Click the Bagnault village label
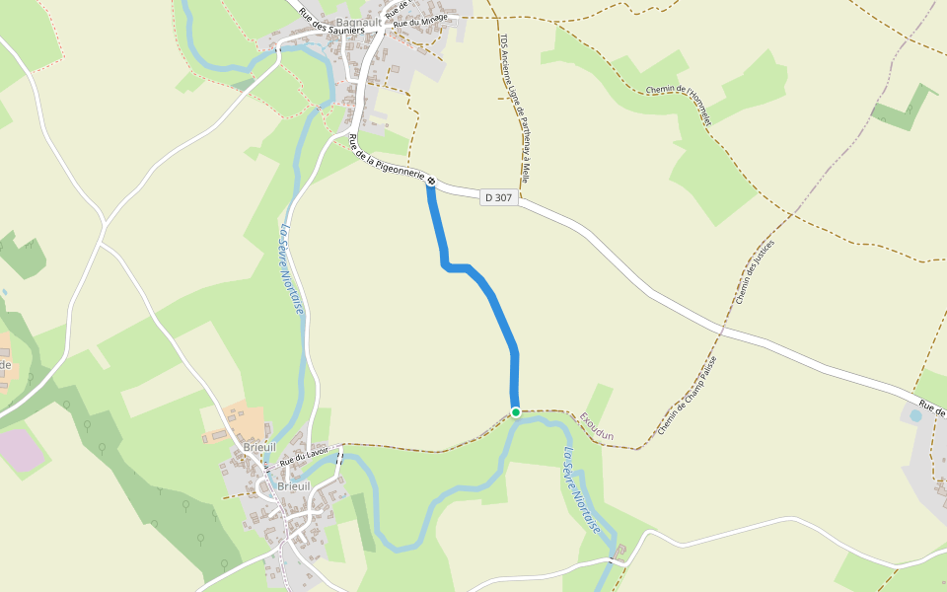pos(358,21)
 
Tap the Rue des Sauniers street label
pos(330,22)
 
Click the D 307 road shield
pos(499,197)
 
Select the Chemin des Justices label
pos(755,271)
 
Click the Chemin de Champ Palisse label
pos(689,395)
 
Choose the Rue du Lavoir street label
pos(303,458)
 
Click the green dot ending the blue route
pos(515,411)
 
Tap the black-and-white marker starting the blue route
pos(431,181)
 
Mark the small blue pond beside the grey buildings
pos(915,416)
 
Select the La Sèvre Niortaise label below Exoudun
pos(581,490)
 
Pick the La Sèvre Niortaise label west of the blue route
pos(291,270)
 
